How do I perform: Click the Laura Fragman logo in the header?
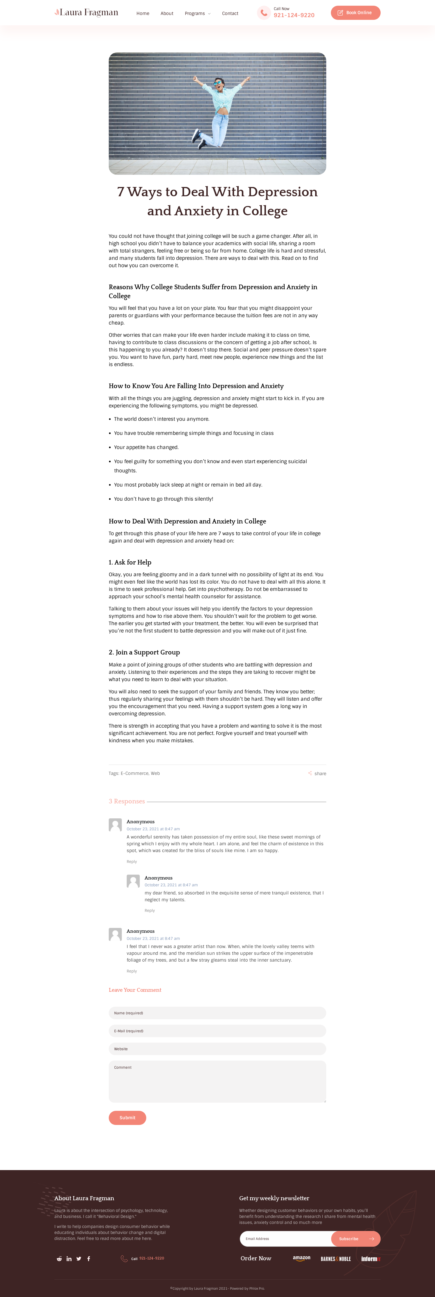tap(87, 13)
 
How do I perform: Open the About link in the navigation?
tap(167, 14)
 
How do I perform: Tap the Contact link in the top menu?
tap(230, 14)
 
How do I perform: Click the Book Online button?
tap(355, 13)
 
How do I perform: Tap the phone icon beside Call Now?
tap(264, 13)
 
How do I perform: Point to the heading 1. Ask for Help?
tap(130, 562)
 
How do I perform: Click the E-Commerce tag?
tap(134, 773)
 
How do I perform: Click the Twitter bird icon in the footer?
tap(79, 1259)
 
